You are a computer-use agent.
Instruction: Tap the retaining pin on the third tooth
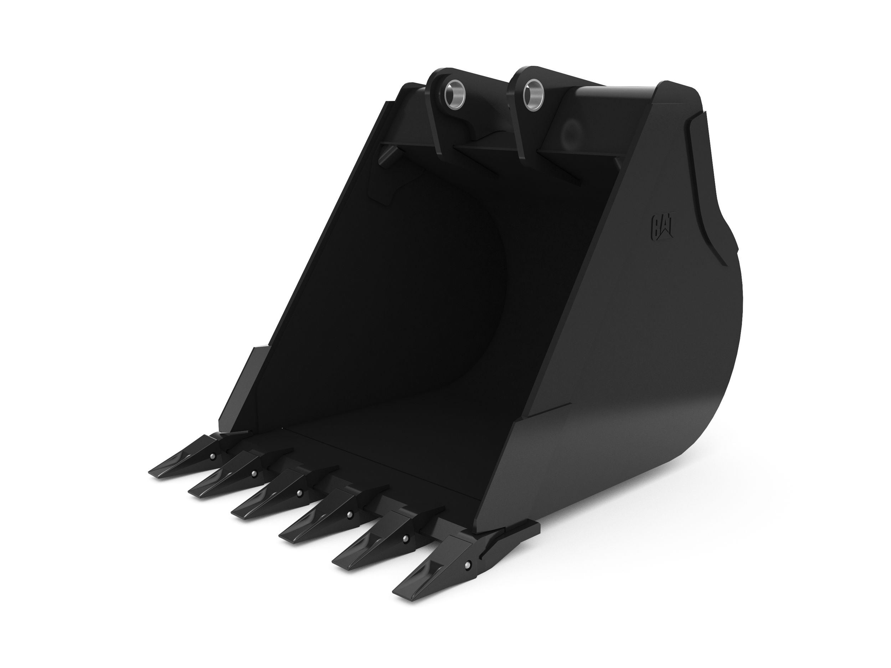click(x=299, y=492)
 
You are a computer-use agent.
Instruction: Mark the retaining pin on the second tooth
click(x=254, y=473)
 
